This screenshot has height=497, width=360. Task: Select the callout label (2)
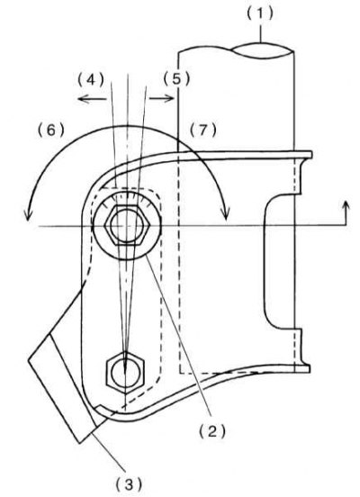(x=212, y=431)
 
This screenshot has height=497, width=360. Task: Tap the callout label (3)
(x=129, y=484)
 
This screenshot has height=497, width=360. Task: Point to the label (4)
(x=91, y=79)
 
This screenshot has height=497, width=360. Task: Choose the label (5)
(x=176, y=79)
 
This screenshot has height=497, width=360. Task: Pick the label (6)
(x=51, y=131)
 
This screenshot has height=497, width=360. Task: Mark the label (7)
(x=203, y=131)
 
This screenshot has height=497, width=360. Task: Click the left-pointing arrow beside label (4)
(x=92, y=99)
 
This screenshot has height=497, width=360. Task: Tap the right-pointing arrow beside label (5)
(x=162, y=99)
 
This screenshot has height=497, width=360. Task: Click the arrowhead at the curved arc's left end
(x=28, y=215)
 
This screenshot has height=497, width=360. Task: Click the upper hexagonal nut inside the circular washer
(x=127, y=225)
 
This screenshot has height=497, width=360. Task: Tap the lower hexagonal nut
(x=125, y=373)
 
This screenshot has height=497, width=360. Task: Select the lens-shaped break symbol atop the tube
(x=263, y=50)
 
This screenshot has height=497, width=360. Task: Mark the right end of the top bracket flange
(x=311, y=155)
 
